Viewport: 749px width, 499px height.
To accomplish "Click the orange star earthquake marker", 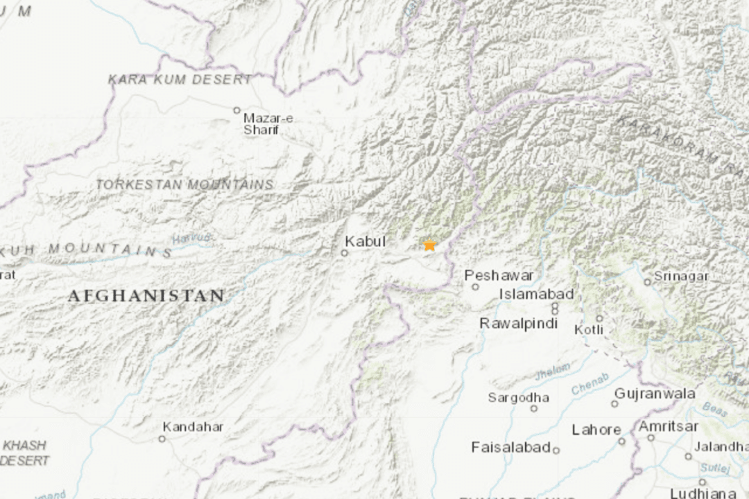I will coord(429,245).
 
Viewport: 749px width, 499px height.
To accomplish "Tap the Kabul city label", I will coord(365,242).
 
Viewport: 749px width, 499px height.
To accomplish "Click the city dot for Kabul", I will coord(344,253).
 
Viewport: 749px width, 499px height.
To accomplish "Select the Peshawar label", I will coord(499,275).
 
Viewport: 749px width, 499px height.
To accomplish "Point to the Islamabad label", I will coord(537,294).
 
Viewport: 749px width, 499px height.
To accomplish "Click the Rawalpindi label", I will coord(519,324).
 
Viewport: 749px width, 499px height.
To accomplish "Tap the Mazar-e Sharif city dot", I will coord(236,110).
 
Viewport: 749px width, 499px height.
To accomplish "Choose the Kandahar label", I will coord(193,427).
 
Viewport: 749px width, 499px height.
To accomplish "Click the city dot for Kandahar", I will coord(162,438).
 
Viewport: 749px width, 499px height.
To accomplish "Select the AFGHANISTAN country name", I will coord(146,296).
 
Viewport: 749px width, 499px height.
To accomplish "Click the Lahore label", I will coord(596,430).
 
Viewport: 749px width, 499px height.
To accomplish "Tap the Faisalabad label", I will coord(511,447).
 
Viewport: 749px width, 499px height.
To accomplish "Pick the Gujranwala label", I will coord(655,394).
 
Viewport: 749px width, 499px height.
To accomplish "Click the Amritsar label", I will coord(669,426).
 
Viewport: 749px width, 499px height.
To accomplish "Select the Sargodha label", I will coord(519,397).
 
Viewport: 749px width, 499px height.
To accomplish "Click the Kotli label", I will coord(589,330).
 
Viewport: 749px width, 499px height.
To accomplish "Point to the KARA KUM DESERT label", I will coord(180,80).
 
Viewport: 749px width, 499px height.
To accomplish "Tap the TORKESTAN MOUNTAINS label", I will coord(184,185).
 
